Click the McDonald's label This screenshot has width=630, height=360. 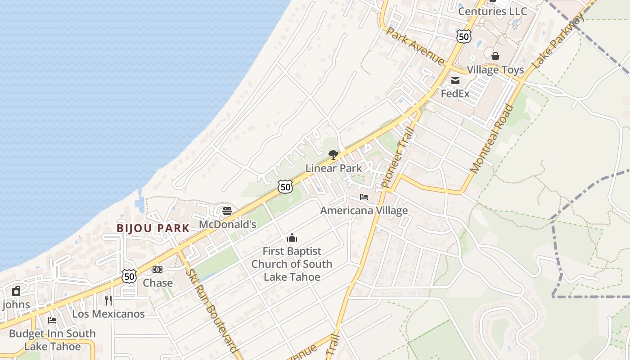click(x=227, y=224)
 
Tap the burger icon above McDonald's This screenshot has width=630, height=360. click(x=227, y=211)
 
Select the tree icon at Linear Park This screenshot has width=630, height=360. click(x=333, y=155)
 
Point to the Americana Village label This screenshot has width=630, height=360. click(x=364, y=210)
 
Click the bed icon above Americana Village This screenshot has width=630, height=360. click(x=364, y=197)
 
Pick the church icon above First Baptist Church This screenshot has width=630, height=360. click(x=292, y=238)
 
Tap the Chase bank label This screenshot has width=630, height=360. click(x=157, y=283)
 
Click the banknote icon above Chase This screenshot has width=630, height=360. click(x=157, y=269)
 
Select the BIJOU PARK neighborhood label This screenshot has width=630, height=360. click(x=153, y=228)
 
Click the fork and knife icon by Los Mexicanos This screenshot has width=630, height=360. click(x=108, y=300)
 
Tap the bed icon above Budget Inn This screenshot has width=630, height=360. click(x=52, y=320)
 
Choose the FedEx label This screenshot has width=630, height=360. click(x=455, y=94)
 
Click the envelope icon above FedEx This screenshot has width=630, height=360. click(x=455, y=81)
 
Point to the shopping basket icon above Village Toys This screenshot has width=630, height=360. click(x=495, y=56)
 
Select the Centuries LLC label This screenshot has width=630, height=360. click(x=492, y=11)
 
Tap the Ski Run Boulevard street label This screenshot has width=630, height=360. click(x=211, y=310)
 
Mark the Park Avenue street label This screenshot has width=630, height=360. click(x=415, y=47)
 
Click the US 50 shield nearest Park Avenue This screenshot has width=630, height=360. click(x=463, y=36)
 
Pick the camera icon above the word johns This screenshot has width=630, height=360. click(x=16, y=291)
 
